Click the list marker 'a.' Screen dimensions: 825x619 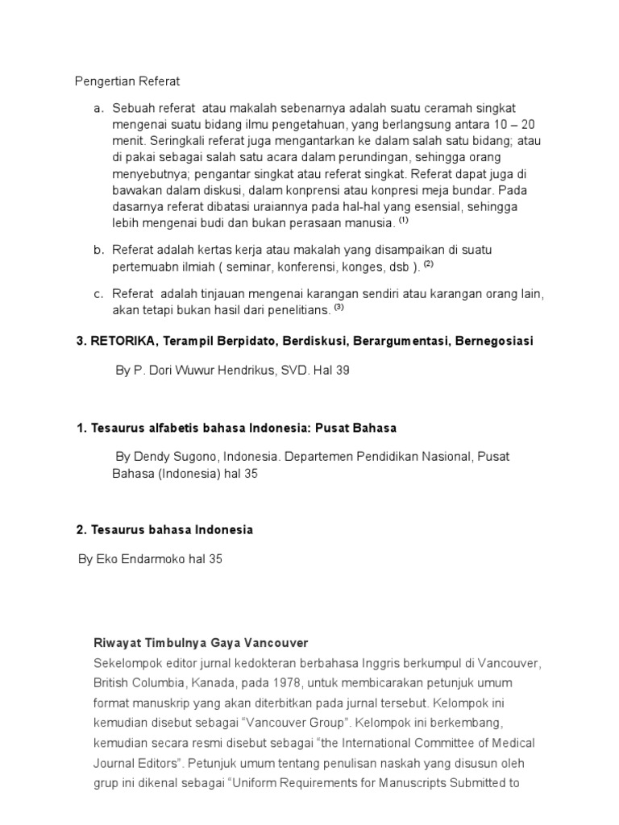coord(98,107)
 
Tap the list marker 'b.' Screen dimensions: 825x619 coord(98,251)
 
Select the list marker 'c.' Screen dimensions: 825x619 coord(98,292)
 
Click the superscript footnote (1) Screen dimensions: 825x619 coord(404,219)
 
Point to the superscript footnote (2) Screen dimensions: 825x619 coord(429,263)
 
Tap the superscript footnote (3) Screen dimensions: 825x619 coord(339,306)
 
